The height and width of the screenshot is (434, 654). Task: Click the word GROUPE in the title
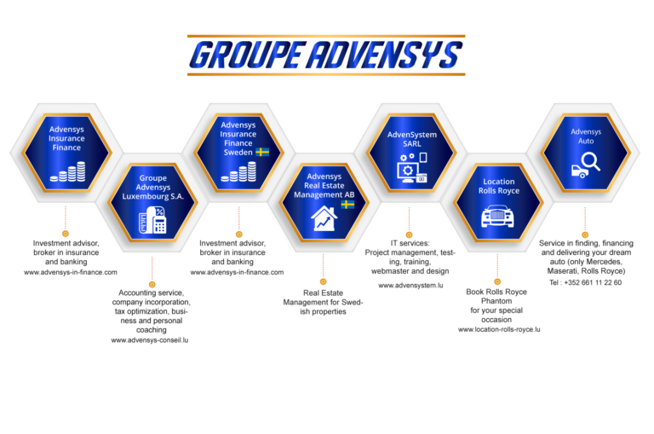(x=246, y=55)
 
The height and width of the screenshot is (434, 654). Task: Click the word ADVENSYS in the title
(x=382, y=55)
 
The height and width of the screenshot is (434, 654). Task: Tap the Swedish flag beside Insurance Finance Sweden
(x=262, y=152)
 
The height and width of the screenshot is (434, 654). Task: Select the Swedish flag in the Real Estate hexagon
(x=347, y=205)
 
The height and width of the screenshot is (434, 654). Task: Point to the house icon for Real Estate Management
(x=324, y=219)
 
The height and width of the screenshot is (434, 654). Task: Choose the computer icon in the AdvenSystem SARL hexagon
(x=408, y=169)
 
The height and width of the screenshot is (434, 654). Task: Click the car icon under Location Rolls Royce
(x=497, y=217)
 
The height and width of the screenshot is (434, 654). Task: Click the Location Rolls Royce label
(x=498, y=186)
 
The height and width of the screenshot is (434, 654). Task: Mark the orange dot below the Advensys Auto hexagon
(x=585, y=233)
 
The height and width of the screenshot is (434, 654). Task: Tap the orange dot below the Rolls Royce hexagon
(x=497, y=281)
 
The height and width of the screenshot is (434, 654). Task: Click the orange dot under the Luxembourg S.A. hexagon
(x=152, y=283)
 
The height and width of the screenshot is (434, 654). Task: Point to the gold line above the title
(x=326, y=37)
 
